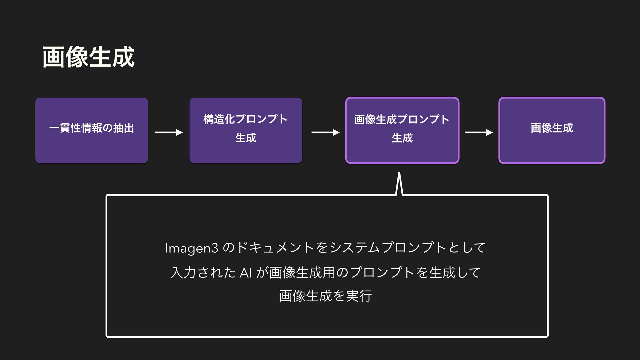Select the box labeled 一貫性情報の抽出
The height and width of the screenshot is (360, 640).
point(92,130)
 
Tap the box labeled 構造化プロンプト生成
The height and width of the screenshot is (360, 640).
point(246,130)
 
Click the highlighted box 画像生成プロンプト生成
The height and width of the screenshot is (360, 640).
point(402,130)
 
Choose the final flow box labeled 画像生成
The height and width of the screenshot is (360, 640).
point(552,130)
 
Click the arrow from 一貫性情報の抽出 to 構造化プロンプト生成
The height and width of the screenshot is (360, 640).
point(169,133)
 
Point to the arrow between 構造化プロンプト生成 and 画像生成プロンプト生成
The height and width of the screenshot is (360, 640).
point(325,133)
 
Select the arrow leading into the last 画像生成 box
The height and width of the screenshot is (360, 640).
point(479,133)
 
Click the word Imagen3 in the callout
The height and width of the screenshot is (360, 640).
point(192,248)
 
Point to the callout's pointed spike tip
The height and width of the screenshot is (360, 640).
point(399,173)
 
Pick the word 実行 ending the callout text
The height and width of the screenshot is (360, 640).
point(359,296)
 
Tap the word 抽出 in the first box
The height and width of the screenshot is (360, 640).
point(124,128)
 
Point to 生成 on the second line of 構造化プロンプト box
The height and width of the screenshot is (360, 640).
point(246,138)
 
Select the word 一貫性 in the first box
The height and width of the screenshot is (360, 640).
point(65,128)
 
